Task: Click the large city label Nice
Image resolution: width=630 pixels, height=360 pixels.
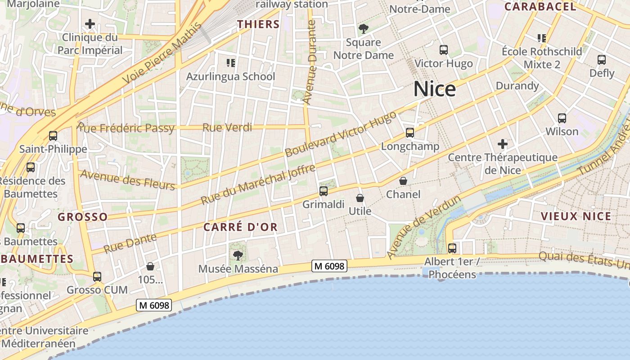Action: tap(434, 89)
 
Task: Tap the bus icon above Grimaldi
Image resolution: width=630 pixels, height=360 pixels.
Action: tap(323, 191)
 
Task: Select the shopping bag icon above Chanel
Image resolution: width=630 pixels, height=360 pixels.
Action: tap(403, 181)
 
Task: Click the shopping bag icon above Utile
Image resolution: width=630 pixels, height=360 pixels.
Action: tap(360, 198)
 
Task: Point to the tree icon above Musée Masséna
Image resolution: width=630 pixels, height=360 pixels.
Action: tap(238, 256)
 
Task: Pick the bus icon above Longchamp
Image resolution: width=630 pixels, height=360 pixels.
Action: tap(409, 133)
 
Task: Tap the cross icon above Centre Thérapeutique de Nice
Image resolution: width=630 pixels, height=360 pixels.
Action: tap(503, 144)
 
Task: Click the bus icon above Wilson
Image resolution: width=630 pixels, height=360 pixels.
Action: tap(562, 118)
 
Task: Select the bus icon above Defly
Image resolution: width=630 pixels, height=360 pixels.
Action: tap(601, 59)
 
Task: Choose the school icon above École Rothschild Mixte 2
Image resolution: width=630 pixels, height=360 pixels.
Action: tap(541, 38)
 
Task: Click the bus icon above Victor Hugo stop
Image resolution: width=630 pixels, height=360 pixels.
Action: tap(443, 50)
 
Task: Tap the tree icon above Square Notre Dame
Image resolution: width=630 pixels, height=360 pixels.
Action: tap(364, 29)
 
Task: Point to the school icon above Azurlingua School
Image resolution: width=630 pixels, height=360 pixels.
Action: tap(231, 63)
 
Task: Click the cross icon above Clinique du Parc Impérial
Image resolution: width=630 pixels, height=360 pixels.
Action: tap(90, 23)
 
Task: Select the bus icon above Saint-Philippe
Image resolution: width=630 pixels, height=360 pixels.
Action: tap(53, 135)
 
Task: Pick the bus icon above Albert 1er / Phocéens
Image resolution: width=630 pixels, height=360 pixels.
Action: tap(452, 248)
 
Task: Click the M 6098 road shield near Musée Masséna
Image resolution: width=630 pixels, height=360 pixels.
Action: tap(329, 266)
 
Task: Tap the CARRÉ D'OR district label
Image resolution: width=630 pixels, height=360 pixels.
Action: tap(240, 227)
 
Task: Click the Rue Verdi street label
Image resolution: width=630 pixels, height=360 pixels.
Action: tap(227, 128)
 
